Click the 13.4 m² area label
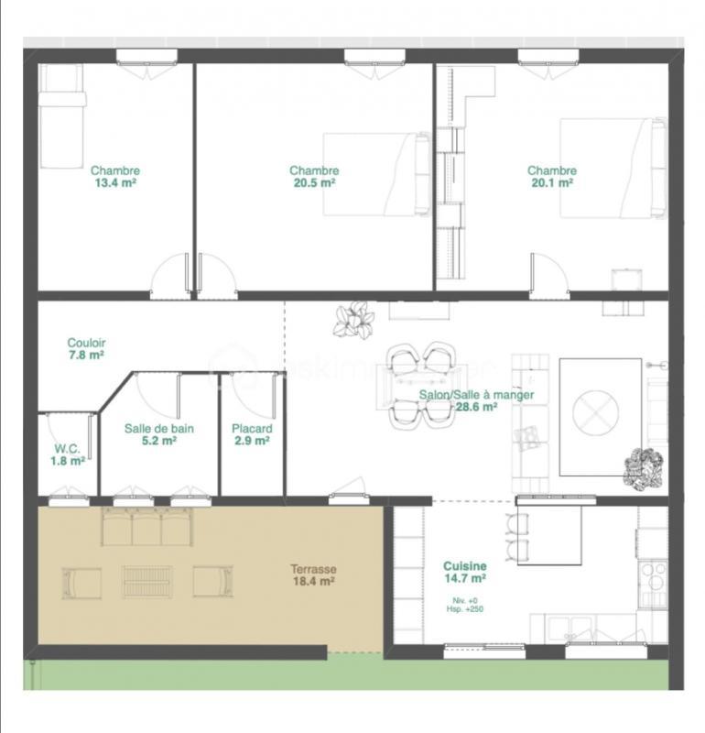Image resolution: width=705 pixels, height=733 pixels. (115, 182)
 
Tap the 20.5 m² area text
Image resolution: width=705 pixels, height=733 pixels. (314, 182)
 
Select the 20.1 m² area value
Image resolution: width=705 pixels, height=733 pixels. (552, 182)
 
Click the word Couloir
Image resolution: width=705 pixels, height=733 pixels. (85, 342)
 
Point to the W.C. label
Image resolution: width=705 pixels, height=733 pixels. (67, 449)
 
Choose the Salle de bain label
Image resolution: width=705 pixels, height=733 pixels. (159, 428)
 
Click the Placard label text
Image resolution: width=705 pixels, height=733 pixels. (251, 428)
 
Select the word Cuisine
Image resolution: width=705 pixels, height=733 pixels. (465, 566)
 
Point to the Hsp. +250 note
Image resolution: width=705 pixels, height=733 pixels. (465, 609)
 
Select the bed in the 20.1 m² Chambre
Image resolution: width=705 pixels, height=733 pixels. (612, 168)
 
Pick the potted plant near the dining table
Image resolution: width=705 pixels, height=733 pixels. (354, 320)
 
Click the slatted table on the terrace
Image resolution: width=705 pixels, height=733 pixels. (148, 581)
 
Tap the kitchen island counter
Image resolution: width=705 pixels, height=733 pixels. (549, 533)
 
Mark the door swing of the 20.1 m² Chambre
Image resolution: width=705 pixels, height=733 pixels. (548, 272)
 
